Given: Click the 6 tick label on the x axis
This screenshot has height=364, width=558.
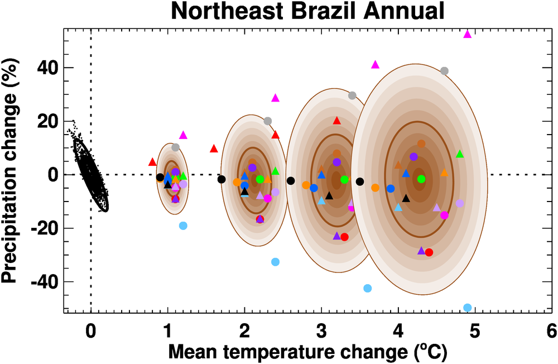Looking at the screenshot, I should tap(551, 331).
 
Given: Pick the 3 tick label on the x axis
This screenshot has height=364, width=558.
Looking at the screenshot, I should tap(321, 331).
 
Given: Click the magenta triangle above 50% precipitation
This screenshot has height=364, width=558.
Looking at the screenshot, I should tap(468, 34).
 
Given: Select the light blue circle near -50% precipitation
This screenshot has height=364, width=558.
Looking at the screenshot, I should tap(468, 308).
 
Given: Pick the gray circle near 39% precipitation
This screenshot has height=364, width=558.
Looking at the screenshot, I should tap(444, 71).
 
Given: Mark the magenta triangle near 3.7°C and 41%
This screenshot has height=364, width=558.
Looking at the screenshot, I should tap(375, 65).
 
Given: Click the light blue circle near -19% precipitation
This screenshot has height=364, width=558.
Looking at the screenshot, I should tap(183, 226).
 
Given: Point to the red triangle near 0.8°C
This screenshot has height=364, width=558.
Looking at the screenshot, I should tap(152, 162).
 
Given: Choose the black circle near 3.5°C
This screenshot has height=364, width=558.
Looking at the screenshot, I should tap(360, 181).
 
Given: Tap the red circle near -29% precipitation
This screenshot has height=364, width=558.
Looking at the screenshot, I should tap(429, 252).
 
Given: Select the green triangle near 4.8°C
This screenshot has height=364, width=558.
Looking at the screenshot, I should tap(460, 154).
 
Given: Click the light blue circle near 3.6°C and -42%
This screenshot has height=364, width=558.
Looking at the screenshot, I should tap(367, 288).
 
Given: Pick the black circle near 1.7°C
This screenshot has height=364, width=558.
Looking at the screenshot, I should tap(222, 179).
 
